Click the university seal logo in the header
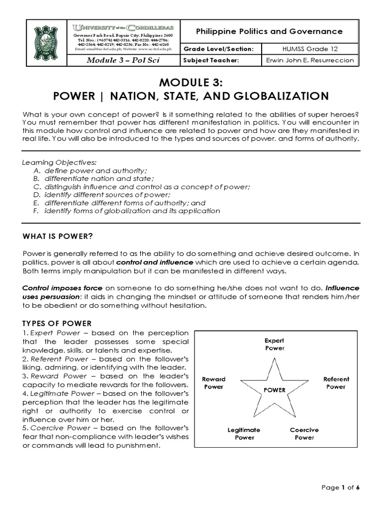pyautogui.click(x=49, y=43)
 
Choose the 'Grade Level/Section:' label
pyautogui.click(x=215, y=49)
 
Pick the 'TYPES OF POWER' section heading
pyautogui.click(x=57, y=323)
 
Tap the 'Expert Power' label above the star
pyautogui.click(x=274, y=344)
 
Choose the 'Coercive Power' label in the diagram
pyautogui.click(x=304, y=433)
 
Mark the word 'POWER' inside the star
pyautogui.click(x=275, y=390)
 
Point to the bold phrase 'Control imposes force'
pyautogui.click(x=63, y=288)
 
